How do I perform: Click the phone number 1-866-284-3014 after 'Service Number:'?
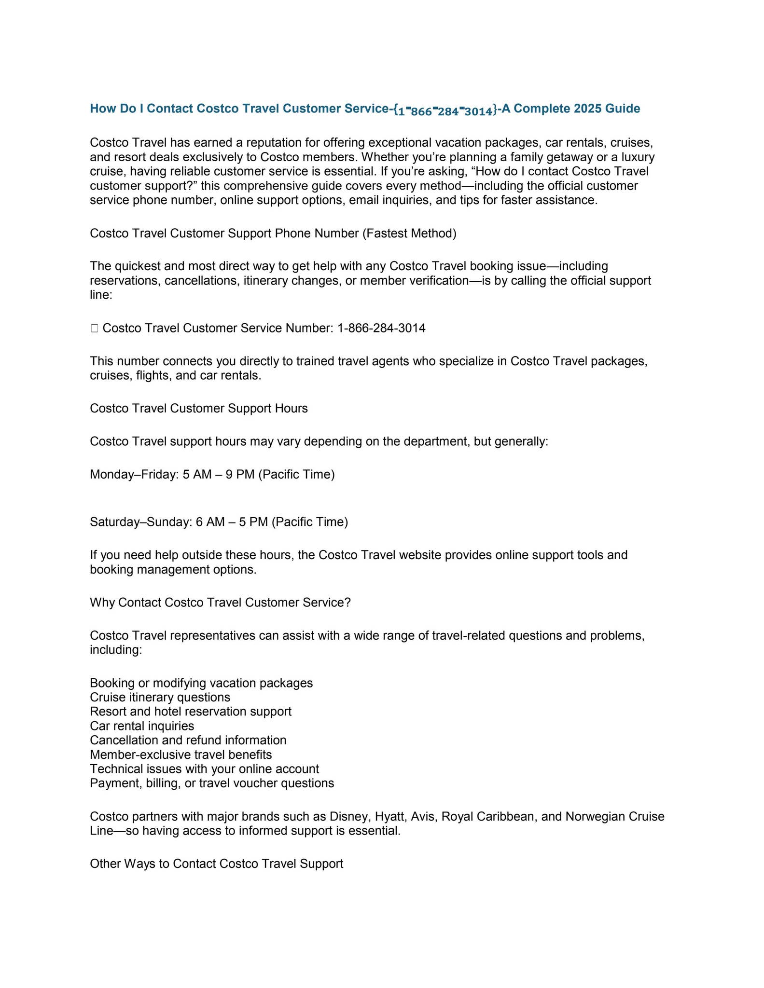click(381, 329)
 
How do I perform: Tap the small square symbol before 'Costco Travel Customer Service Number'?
click(94, 329)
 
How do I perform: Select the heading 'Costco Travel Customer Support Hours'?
click(198, 409)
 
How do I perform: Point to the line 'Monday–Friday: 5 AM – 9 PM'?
click(212, 475)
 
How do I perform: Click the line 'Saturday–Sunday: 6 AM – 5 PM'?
click(219, 522)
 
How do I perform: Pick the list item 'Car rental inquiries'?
click(142, 726)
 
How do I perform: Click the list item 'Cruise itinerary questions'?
click(160, 698)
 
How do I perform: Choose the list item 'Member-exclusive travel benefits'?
click(181, 755)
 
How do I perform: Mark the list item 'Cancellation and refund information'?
click(188, 741)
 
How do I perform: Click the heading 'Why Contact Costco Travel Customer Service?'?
click(220, 603)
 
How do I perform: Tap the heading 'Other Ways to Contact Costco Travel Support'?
click(216, 864)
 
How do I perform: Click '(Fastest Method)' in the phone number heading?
click(409, 233)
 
